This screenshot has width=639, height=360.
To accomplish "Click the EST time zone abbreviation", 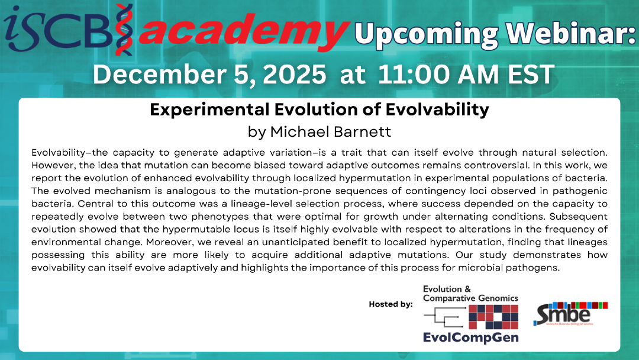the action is pyautogui.click(x=531, y=74).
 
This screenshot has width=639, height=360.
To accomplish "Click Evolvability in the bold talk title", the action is pyautogui.click(x=437, y=110).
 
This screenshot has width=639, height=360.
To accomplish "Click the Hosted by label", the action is pyautogui.click(x=391, y=304).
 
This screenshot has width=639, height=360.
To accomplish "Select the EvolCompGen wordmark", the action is pyautogui.click(x=471, y=337).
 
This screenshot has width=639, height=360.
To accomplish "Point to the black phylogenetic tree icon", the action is pyautogui.click(x=444, y=317).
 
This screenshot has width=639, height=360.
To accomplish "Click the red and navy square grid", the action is pyautogui.click(x=493, y=317).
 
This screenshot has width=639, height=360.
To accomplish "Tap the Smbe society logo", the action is pyautogui.click(x=570, y=314).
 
